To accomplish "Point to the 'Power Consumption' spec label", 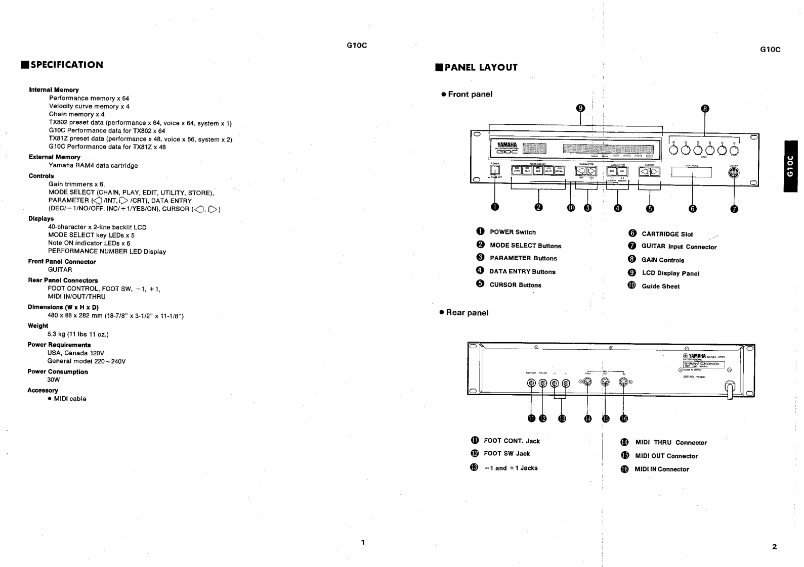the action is pyautogui.click(x=58, y=372).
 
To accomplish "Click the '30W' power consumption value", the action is pyautogui.click(x=54, y=380).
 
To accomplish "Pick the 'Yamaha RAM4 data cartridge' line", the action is pyautogui.click(x=93, y=165).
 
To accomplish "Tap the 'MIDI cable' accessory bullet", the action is pyautogui.click(x=70, y=399).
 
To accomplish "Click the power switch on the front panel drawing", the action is pyautogui.click(x=495, y=171).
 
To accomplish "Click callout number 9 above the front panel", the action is pyautogui.click(x=581, y=108).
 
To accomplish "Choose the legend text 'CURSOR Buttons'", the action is pyautogui.click(x=515, y=285).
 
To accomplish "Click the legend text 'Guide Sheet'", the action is pyautogui.click(x=660, y=287).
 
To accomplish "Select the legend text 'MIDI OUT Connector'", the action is pyautogui.click(x=666, y=456).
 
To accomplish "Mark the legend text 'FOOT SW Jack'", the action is pyautogui.click(x=506, y=454).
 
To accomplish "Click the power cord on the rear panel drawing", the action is pyautogui.click(x=730, y=390).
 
